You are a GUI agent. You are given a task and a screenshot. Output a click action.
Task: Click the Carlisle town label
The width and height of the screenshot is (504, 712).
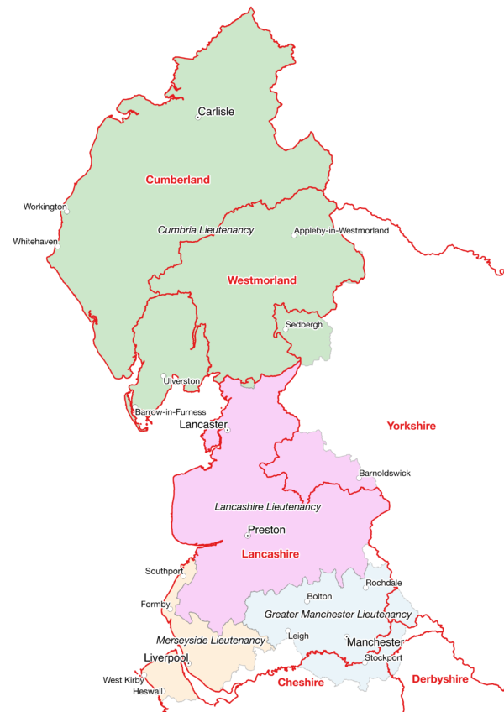[216, 111]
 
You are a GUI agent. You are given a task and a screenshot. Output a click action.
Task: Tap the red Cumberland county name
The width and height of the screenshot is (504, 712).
[177, 180]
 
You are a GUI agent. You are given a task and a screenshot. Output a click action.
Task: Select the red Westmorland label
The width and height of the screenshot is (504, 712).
[262, 280]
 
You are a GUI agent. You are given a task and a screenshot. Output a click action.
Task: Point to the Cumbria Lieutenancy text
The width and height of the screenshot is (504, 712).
[206, 229]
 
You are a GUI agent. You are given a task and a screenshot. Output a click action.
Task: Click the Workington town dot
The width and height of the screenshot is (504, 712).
[66, 212]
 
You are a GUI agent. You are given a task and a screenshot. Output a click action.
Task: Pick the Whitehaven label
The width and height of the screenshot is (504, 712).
[35, 242]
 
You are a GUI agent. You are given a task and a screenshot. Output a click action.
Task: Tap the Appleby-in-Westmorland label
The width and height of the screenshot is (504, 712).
[341, 231]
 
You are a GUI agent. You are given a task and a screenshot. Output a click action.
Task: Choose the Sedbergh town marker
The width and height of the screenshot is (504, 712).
[285, 329]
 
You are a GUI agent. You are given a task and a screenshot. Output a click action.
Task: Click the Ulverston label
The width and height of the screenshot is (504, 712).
[181, 381]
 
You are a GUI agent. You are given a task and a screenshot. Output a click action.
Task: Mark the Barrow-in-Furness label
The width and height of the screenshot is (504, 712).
[176, 412]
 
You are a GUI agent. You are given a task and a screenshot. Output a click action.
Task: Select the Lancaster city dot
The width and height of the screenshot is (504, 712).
[227, 431]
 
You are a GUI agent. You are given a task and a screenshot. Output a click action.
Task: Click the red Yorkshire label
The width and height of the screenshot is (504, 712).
[412, 427]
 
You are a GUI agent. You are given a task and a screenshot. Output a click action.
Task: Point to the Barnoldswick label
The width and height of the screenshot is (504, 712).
[385, 474]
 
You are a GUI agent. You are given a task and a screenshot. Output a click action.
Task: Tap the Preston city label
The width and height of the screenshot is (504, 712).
[266, 530]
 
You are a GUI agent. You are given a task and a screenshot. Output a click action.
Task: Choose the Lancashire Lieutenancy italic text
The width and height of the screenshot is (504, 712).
[267, 507]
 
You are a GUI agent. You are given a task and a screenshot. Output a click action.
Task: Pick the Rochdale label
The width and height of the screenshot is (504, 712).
[384, 583]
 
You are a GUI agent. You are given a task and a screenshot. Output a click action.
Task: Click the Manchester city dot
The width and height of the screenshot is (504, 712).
[346, 636]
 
